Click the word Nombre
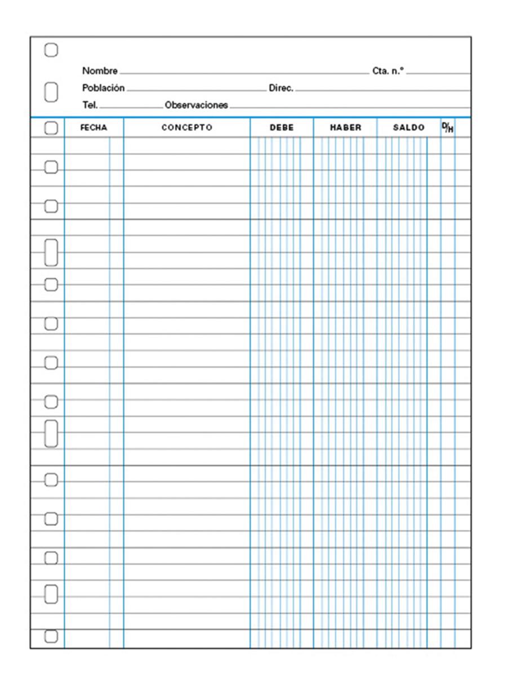coord(100,71)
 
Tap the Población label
coord(103,88)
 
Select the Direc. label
coord(281,88)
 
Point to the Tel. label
coord(90,104)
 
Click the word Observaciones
coord(196,105)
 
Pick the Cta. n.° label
coord(388,71)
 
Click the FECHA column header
coord(94,128)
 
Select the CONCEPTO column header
coord(186,128)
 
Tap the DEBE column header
coord(282,128)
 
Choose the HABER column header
coord(345,128)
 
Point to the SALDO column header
coord(408,128)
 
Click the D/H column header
coord(447,128)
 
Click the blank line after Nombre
coord(243,73)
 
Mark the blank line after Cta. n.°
coord(438,73)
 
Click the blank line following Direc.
coord(383,90)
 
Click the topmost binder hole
coord(51,50)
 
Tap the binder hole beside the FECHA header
coord(51,128)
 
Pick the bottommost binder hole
coord(51,636)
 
